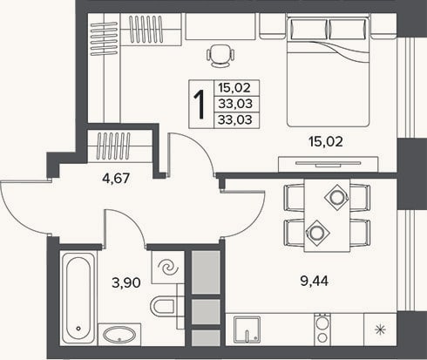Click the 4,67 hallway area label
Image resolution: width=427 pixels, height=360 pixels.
coord(116,178)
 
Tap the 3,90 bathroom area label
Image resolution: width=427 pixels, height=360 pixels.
coord(126,282)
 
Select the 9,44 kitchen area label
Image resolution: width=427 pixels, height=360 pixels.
coord(315,281)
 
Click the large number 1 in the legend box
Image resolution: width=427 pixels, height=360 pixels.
coord(200,105)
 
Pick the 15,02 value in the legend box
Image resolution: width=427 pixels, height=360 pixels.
coord(234,87)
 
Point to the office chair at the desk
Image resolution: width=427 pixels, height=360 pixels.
coord(220,56)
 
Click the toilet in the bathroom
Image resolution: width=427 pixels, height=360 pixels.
coord(163,306)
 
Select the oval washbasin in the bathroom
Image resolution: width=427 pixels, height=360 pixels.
coord(119,335)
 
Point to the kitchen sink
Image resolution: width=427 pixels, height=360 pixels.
coord(247,329)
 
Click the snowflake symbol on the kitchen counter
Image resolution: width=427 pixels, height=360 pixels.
coord(380,329)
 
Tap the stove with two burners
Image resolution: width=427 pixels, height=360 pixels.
coord(322,329)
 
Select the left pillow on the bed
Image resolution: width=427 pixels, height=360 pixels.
coord(308,29)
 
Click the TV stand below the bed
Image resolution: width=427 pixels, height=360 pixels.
coord(329,164)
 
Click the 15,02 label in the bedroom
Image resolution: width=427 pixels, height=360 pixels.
coord(326,141)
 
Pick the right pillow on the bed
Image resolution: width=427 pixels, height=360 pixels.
coord(348,29)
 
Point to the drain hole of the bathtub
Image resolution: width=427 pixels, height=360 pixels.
coord(78,329)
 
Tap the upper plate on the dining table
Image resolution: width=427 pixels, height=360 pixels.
coord(337,198)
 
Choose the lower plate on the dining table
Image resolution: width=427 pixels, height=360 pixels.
coord(315,233)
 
